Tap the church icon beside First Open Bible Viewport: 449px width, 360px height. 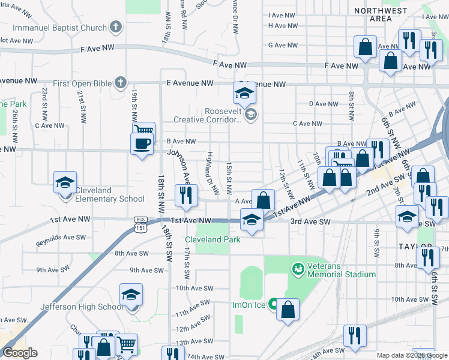121,82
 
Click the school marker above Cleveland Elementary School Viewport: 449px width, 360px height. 65,182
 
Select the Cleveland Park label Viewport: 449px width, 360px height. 216,239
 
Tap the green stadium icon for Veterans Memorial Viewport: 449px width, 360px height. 297,267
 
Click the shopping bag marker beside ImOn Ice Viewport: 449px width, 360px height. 289,309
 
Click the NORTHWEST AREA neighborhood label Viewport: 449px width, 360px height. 381,15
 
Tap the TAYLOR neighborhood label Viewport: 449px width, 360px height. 414,247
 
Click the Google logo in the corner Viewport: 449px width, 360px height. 20,353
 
